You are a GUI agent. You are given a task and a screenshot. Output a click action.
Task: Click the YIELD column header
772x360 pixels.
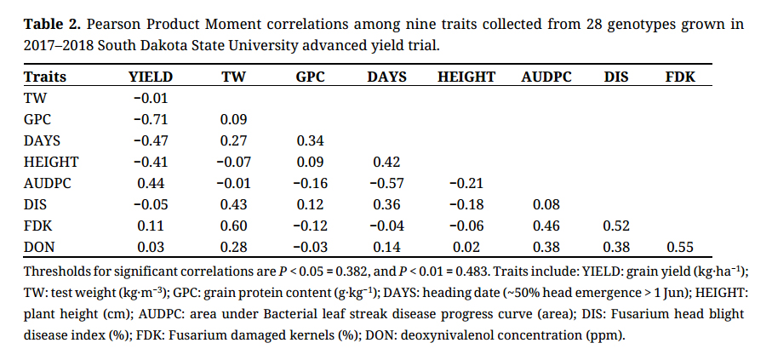click(x=151, y=77)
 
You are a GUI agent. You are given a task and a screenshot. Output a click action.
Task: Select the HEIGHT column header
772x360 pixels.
click(x=466, y=77)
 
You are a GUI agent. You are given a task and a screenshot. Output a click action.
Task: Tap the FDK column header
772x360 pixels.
click(x=679, y=77)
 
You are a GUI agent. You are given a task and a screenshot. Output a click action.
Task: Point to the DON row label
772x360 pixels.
click(x=40, y=247)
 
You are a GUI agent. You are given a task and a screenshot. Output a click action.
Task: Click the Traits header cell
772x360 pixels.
click(x=45, y=77)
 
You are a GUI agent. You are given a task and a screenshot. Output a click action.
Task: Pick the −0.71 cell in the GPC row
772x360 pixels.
click(x=151, y=119)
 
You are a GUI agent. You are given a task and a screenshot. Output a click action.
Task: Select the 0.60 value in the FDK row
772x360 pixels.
click(x=234, y=226)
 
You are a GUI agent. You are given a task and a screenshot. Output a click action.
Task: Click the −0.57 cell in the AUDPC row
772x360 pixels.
click(x=386, y=183)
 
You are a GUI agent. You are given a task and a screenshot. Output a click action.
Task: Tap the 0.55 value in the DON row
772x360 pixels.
click(x=679, y=247)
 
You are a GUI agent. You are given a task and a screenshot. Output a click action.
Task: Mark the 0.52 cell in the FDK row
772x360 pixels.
click(x=617, y=226)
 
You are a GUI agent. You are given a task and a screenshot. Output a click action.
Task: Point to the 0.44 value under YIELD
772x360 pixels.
click(x=151, y=183)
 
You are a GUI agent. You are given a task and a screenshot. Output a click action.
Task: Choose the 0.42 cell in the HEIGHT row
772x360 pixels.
click(x=386, y=162)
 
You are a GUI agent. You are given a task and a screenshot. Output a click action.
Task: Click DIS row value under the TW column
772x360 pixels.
click(x=234, y=204)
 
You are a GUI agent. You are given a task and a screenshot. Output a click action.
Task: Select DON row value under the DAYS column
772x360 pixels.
click(x=386, y=247)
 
